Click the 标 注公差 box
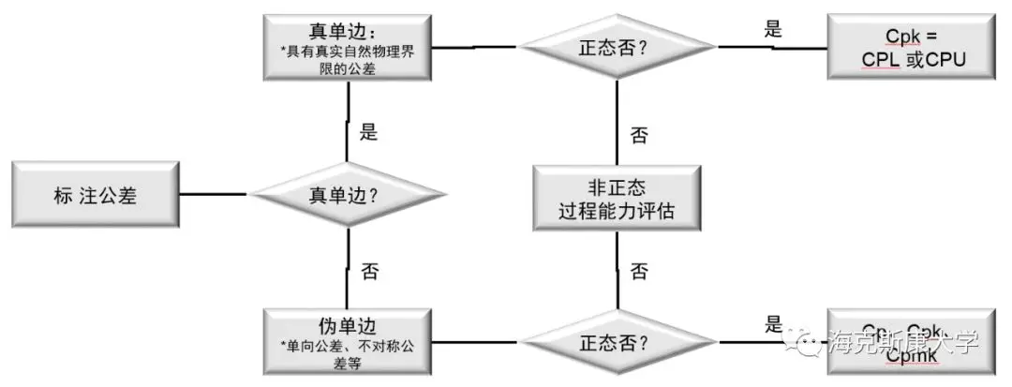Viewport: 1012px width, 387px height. click(x=97, y=195)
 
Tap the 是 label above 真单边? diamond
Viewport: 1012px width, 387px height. click(x=368, y=131)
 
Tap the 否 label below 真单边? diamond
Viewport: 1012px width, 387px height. click(x=368, y=272)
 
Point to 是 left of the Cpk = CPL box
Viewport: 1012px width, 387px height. click(x=773, y=28)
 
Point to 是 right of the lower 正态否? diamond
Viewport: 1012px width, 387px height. click(x=773, y=325)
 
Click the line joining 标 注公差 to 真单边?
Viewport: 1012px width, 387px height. click(x=214, y=195)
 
